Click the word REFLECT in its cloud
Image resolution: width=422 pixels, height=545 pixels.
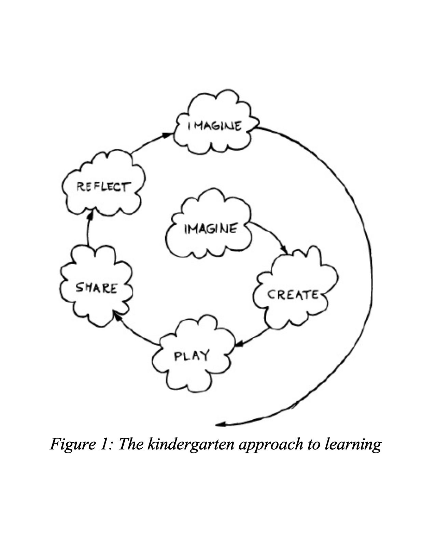103,186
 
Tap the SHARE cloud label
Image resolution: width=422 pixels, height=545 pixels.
96,288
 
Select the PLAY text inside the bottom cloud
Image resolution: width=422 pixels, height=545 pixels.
191,356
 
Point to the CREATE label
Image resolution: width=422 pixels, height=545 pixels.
293,294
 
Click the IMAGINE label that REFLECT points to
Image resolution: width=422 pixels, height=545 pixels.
214,126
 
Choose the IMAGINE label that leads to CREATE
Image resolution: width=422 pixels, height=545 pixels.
210,228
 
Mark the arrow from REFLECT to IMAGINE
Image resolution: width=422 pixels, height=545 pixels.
150,142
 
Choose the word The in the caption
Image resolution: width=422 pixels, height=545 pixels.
131,444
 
